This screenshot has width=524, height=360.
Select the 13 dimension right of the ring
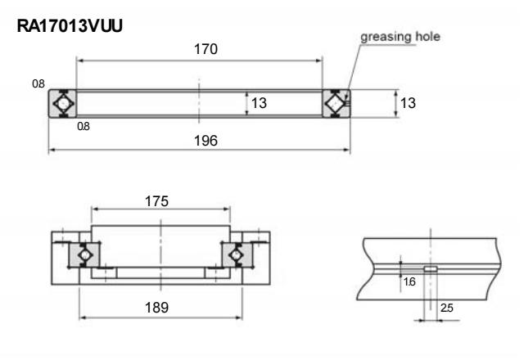tap(410, 104)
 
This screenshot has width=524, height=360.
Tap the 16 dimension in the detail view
tap(408, 280)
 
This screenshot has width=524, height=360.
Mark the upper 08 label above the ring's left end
tap(38, 83)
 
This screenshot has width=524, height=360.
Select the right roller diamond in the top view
tap(335, 104)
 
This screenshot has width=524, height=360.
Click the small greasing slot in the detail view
tap(430, 267)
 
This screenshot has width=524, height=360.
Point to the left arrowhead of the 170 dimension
tap(79, 60)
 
